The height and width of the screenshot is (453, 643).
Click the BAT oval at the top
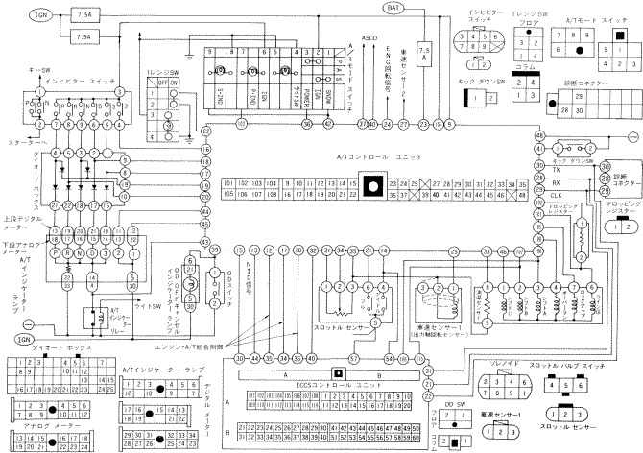tap(394, 8)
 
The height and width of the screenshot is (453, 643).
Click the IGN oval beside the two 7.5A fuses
tap(18, 16)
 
